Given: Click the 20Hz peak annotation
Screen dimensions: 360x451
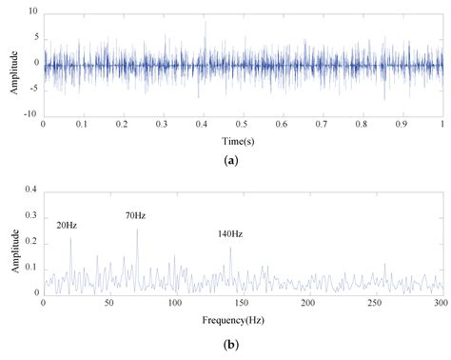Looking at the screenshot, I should (x=67, y=225).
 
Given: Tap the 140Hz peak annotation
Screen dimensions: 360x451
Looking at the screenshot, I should (x=229, y=233).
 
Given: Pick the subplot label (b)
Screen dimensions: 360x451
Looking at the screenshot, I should (x=243, y=342).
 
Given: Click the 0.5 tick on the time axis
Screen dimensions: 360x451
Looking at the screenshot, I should (x=243, y=125).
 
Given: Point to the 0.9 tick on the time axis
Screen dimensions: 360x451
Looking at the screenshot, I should (x=402, y=125).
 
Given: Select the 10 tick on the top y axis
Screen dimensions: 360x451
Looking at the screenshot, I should (x=33, y=12).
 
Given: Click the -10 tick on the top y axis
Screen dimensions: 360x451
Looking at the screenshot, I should (x=31, y=114).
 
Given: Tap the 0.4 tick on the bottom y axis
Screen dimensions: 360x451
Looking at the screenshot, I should (x=31, y=190).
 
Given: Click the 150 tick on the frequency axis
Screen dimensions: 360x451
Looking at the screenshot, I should (x=242, y=303).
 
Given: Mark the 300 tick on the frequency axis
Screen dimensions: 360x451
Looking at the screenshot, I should (x=441, y=303).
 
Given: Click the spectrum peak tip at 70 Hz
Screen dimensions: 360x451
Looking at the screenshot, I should (x=137, y=230).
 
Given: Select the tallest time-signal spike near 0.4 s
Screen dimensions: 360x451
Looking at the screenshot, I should (x=205, y=22).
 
